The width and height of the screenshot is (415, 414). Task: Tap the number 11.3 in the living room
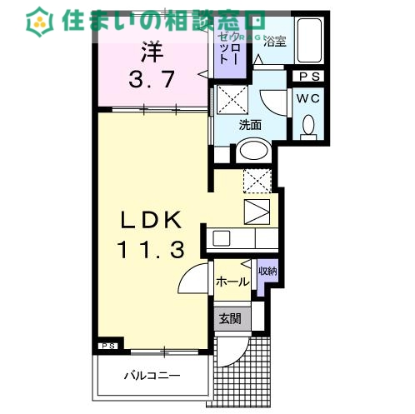tap(150, 247)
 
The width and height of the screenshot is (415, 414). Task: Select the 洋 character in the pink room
tap(151, 52)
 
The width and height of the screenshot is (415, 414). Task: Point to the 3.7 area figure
tap(151, 80)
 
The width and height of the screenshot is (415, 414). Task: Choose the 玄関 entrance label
tap(230, 318)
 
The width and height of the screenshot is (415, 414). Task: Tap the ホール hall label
tap(232, 282)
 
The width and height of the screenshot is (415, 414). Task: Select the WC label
tap(307, 97)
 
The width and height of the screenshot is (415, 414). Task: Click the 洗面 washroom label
tap(251, 126)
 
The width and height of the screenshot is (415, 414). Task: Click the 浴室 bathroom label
tap(276, 42)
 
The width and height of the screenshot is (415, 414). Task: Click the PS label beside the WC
tap(307, 76)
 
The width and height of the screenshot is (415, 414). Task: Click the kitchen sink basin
tap(222, 238)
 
